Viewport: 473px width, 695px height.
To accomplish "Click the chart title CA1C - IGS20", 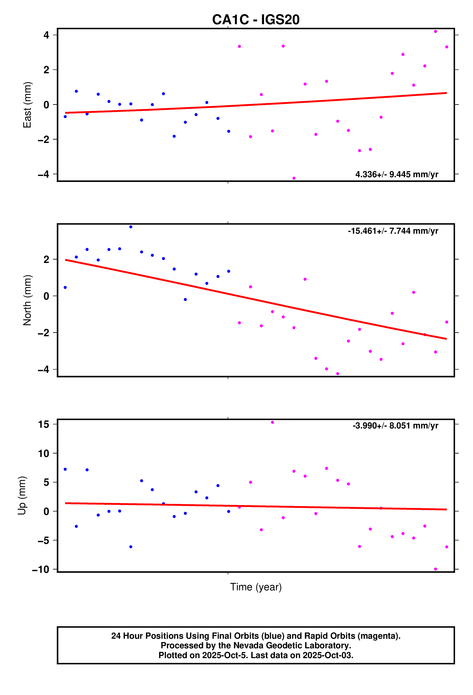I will pos(256,20).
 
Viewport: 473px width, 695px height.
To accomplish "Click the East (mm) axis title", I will pos(27,105).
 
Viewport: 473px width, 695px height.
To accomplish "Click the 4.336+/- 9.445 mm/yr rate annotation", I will pos(396,174).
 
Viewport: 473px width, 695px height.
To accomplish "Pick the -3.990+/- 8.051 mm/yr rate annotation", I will pos(395,426).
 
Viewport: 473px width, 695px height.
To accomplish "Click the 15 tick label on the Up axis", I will pos(44,424).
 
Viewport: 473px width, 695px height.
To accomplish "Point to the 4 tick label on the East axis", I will pos(46,35).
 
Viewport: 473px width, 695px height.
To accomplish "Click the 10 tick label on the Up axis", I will pos(44,453).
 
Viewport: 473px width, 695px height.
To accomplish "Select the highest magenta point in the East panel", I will pos(435,31).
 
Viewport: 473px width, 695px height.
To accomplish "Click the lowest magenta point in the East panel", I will pos(294,178).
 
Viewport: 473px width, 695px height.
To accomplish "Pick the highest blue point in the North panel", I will pos(131,227).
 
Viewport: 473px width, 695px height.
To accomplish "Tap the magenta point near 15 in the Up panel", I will pos(272,422).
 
